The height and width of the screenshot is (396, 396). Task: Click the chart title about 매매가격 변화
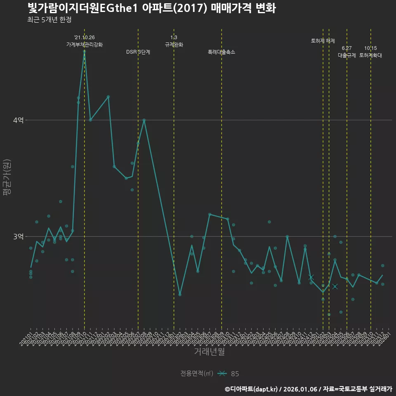tap(151, 8)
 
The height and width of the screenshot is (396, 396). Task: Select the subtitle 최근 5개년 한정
tap(49, 20)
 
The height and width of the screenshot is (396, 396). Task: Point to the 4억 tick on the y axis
tap(19, 120)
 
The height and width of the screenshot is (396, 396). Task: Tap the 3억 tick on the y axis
tap(19, 236)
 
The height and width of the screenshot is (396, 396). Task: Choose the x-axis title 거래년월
tap(209, 352)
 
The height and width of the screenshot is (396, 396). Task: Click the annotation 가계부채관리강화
tap(85, 45)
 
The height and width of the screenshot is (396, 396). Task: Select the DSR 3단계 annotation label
tap(138, 52)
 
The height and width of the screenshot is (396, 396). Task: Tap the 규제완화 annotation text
tap(174, 45)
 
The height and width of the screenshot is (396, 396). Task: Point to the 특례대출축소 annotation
tap(222, 52)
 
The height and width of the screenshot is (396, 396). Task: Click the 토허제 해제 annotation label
tap(323, 41)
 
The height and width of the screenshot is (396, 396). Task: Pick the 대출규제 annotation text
tap(346, 55)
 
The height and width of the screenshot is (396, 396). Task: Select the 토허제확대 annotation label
tap(370, 55)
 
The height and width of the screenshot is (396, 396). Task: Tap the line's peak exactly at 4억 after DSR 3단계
tap(144, 120)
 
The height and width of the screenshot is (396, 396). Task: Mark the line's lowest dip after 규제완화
tap(180, 295)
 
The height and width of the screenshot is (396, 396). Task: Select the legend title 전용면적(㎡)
tap(196, 374)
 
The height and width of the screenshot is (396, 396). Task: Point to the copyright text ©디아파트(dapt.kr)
tap(252, 389)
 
